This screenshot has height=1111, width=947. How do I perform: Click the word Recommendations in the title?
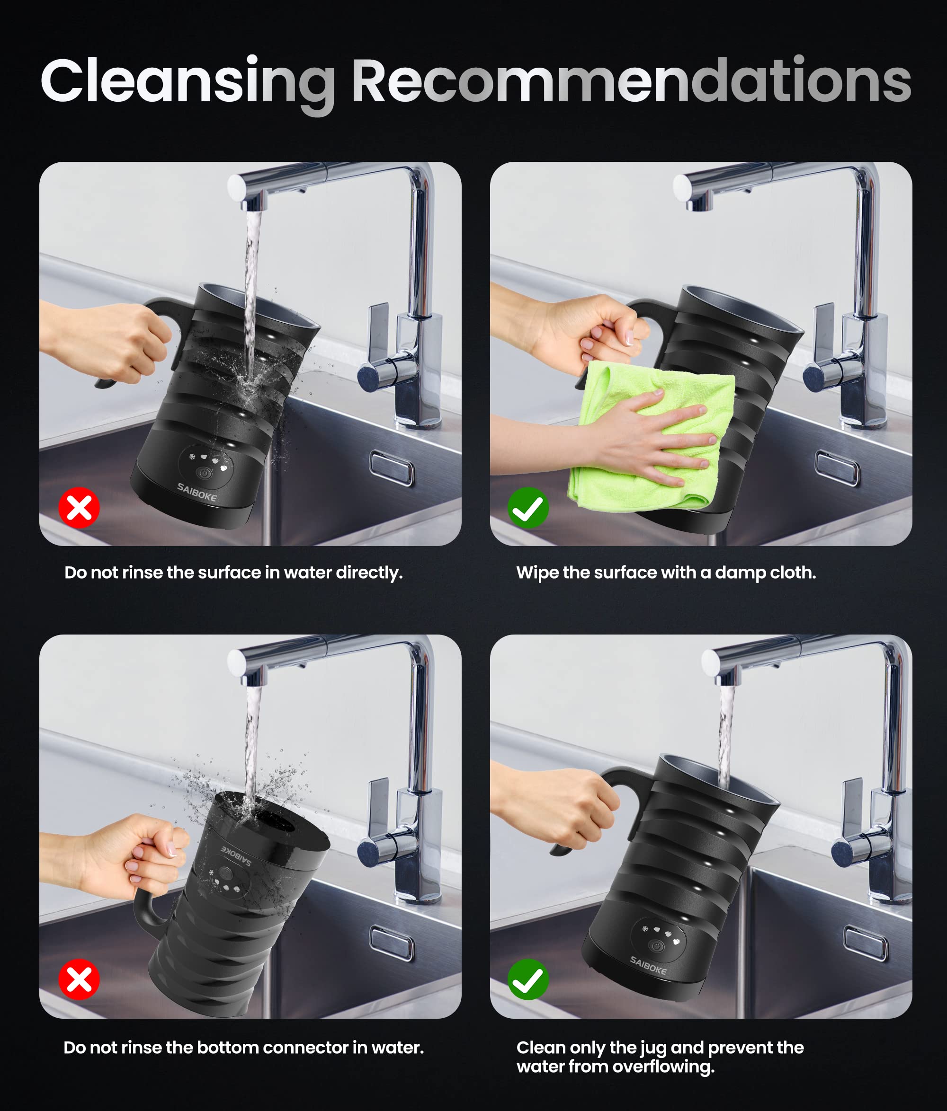[632, 79]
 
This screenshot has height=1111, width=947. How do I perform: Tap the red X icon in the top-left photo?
[79, 507]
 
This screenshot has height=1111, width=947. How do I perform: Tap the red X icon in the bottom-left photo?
[79, 979]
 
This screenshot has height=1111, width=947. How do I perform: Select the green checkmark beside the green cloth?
[528, 507]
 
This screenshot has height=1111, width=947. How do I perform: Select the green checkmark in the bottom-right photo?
[528, 979]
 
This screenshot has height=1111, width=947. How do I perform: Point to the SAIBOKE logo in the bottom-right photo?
[648, 965]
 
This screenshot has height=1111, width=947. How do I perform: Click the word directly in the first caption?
[369, 573]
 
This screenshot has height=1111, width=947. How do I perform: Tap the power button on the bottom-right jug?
[657, 946]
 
